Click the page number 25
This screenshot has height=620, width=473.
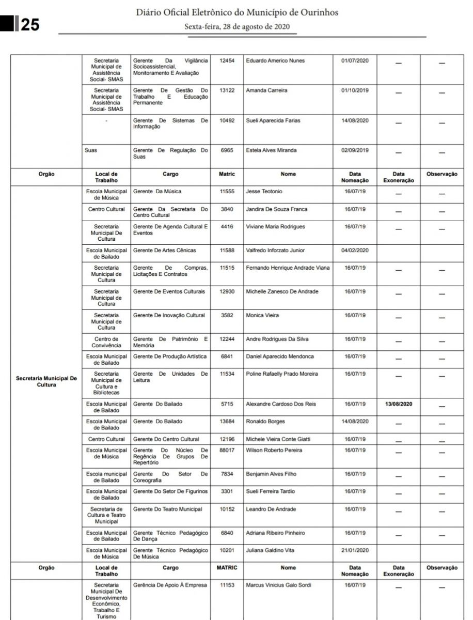tap(30, 24)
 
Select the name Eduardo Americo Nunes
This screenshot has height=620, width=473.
tap(275, 61)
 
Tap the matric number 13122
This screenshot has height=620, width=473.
tap(227, 91)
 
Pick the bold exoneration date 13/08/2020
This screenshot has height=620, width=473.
tap(398, 404)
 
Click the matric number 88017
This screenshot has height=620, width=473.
tap(227, 451)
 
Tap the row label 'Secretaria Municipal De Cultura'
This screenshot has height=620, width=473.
tap(46, 381)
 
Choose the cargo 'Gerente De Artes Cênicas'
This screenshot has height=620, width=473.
tap(165, 251)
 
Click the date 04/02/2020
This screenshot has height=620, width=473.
tap(355, 251)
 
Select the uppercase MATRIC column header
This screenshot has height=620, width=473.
tap(227, 568)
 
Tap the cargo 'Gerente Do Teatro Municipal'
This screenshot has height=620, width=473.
tap(168, 509)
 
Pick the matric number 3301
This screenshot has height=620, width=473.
tap(227, 492)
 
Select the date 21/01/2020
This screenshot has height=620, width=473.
tap(355, 551)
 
